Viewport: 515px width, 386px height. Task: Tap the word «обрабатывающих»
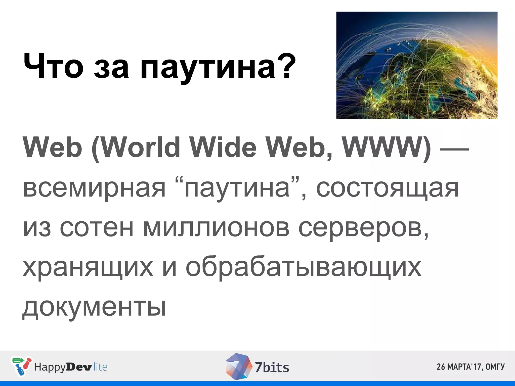point(303,268)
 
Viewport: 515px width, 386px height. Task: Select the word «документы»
point(94,307)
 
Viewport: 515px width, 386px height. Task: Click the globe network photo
point(417,65)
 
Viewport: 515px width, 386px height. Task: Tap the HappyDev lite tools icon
point(21,366)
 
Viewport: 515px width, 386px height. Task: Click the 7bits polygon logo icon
point(238,366)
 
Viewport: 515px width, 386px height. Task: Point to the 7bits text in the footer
point(272,367)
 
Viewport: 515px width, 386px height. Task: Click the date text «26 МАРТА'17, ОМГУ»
point(470,367)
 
